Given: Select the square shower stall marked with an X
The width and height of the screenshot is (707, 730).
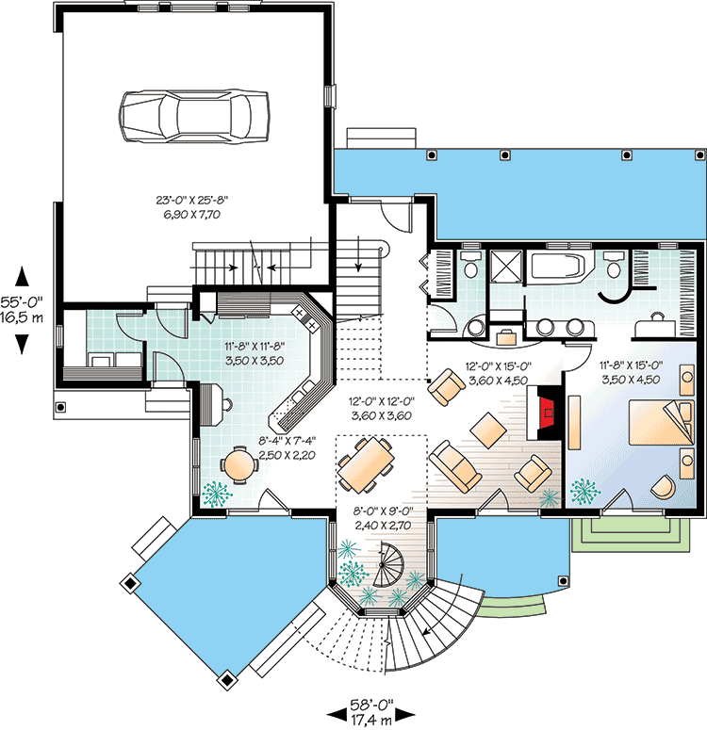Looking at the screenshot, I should pos(505,267).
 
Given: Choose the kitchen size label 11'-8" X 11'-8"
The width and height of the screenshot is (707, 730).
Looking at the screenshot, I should pos(254,352).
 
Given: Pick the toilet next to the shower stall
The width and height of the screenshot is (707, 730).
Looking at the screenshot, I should pos(469,268).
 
